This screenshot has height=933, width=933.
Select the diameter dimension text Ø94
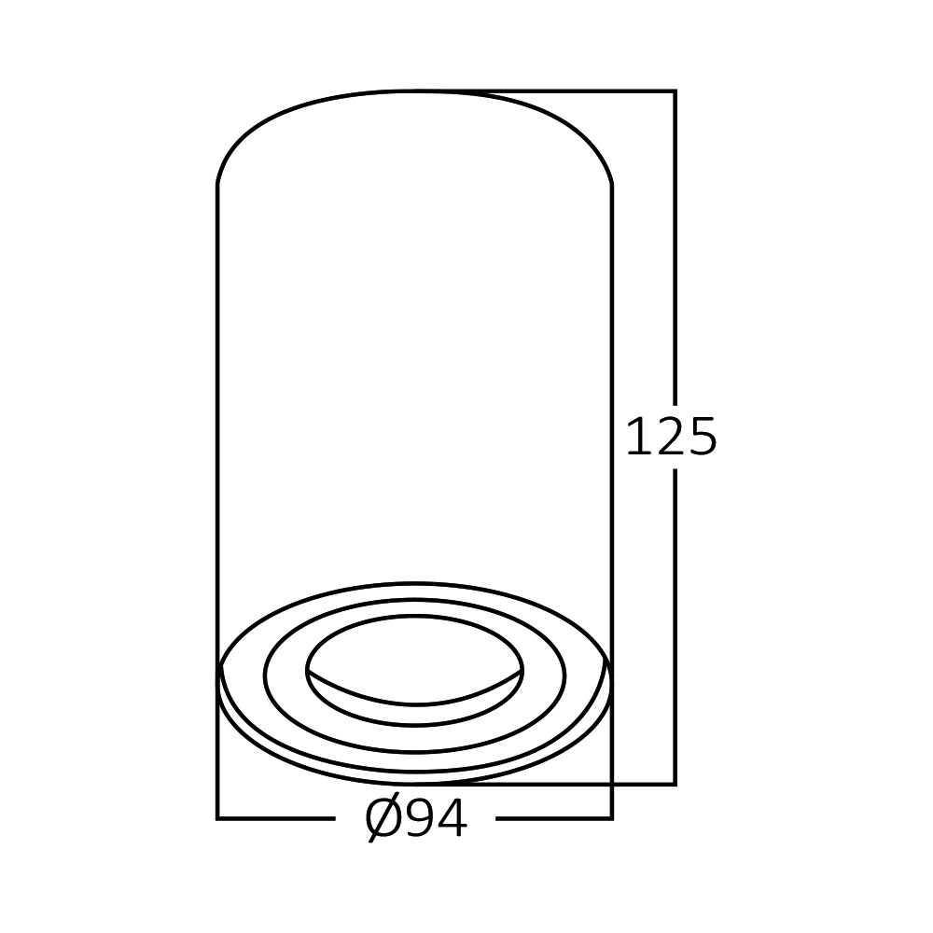pyautogui.click(x=416, y=819)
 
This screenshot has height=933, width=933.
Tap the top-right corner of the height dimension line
pyautogui.click(x=675, y=91)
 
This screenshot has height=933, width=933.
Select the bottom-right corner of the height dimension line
pyautogui.click(x=675, y=784)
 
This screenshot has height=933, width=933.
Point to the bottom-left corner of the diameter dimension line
pyautogui.click(x=217, y=818)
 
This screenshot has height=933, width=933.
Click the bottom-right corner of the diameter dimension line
pyautogui.click(x=612, y=818)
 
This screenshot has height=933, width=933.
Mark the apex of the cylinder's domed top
pyautogui.click(x=415, y=91)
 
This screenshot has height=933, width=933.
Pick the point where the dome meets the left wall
pyautogui.click(x=217, y=184)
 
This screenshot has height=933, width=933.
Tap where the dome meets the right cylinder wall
pyautogui.click(x=612, y=184)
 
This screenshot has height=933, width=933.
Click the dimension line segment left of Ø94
pyautogui.click(x=275, y=818)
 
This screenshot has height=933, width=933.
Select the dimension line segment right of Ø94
pyautogui.click(x=553, y=818)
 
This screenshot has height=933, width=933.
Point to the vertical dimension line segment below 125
pyautogui.click(x=675, y=625)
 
